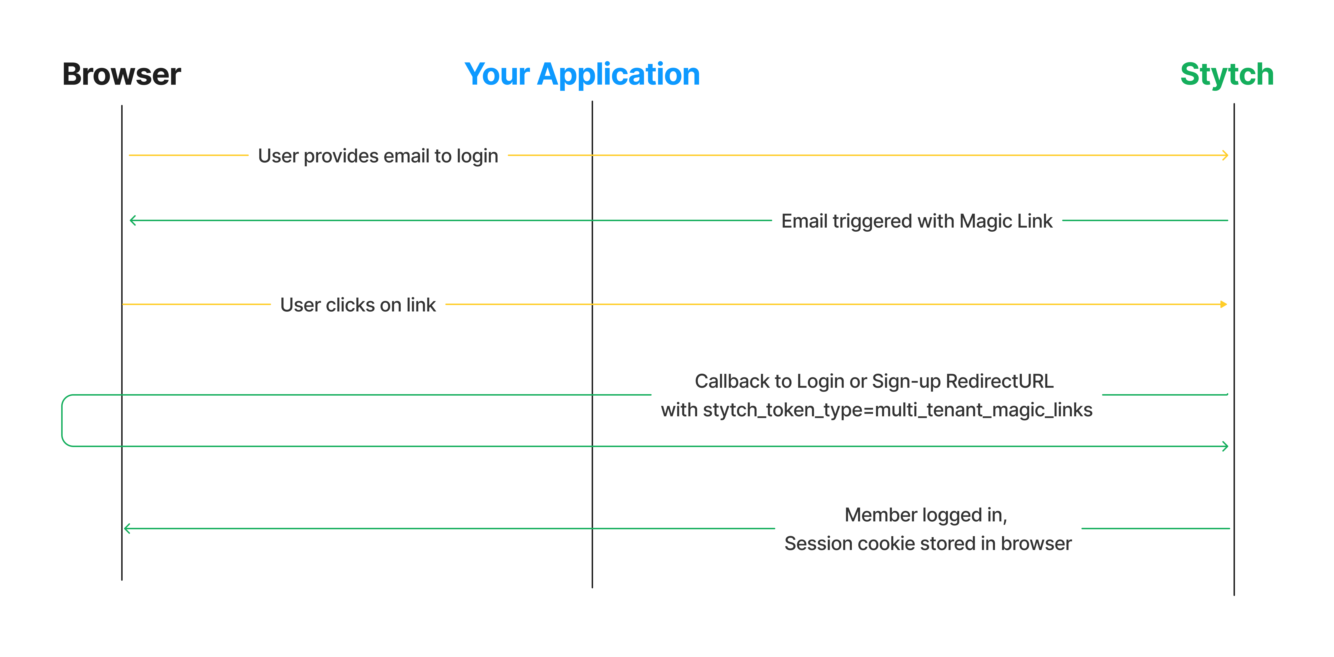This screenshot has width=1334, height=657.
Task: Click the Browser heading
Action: pyautogui.click(x=122, y=74)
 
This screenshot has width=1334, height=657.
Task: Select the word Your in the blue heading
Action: pyautogui.click(x=497, y=74)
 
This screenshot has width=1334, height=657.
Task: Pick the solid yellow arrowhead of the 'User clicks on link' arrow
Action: pyautogui.click(x=1224, y=304)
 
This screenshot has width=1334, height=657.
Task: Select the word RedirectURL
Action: pyautogui.click(x=999, y=381)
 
